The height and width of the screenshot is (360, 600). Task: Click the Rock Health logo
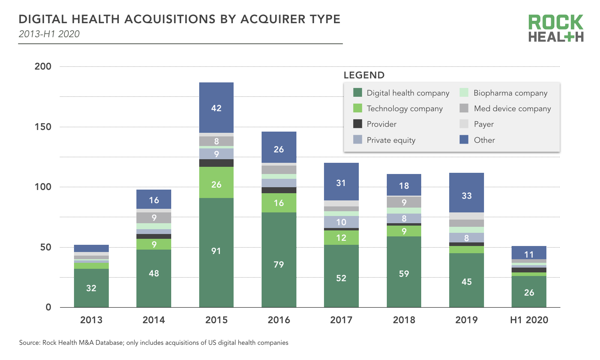click(x=556, y=28)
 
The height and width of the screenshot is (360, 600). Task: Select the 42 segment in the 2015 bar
click(x=216, y=108)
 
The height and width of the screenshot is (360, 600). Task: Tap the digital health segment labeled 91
click(x=216, y=251)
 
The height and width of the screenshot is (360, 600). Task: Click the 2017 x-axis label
click(x=341, y=320)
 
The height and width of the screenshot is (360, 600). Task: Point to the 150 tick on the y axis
click(x=43, y=127)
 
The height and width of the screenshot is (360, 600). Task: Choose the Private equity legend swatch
click(x=358, y=140)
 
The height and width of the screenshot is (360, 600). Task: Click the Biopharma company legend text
click(x=510, y=93)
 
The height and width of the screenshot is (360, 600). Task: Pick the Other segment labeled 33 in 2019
click(x=466, y=196)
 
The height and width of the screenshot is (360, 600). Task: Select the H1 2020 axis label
click(x=529, y=320)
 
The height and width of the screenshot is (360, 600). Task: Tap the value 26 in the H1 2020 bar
click(x=529, y=292)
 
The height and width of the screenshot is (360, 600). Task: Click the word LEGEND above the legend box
click(x=364, y=75)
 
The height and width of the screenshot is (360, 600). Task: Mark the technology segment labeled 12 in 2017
click(x=341, y=238)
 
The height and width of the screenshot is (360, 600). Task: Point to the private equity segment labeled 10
click(x=341, y=222)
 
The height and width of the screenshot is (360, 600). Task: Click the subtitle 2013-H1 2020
click(x=49, y=34)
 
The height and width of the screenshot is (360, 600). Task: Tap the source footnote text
click(x=154, y=343)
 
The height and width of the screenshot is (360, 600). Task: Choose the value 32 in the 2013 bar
click(x=91, y=288)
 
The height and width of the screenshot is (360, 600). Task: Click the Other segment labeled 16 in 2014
click(x=154, y=200)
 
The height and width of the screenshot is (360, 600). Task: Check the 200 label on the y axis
click(x=43, y=66)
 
